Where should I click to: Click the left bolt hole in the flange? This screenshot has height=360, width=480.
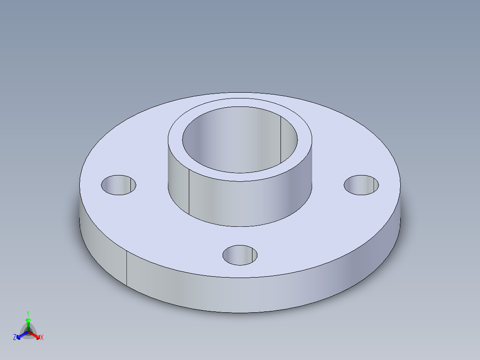tap(118, 185)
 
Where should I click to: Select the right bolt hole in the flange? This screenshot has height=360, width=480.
tap(362, 185)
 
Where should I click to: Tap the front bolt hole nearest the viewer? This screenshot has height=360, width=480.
tap(240, 255)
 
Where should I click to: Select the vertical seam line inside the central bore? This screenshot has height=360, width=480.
tap(281, 134)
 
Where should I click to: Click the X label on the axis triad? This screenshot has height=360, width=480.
tap(42, 338)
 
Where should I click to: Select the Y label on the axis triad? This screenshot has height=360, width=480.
tap(28, 313)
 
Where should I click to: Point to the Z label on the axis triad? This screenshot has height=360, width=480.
tap(15, 338)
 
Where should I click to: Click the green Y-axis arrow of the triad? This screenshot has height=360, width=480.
tap(28, 322)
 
